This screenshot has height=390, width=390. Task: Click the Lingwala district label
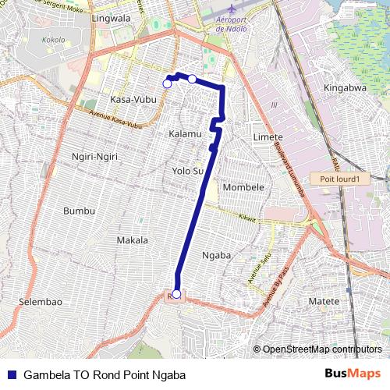click(111, 16)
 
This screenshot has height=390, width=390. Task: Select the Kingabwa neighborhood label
click(345, 87)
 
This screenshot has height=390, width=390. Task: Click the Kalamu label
click(185, 134)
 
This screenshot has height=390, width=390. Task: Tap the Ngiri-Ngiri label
click(94, 157)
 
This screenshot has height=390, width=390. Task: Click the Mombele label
click(243, 187)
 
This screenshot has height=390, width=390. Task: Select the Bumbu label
click(79, 211)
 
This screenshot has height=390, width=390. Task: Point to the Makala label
click(132, 240)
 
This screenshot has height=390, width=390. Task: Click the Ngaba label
click(216, 255)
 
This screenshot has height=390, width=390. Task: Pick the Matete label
click(324, 301)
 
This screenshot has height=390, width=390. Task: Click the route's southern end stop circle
click(177, 294)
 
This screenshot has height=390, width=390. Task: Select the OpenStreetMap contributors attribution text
click(322, 349)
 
